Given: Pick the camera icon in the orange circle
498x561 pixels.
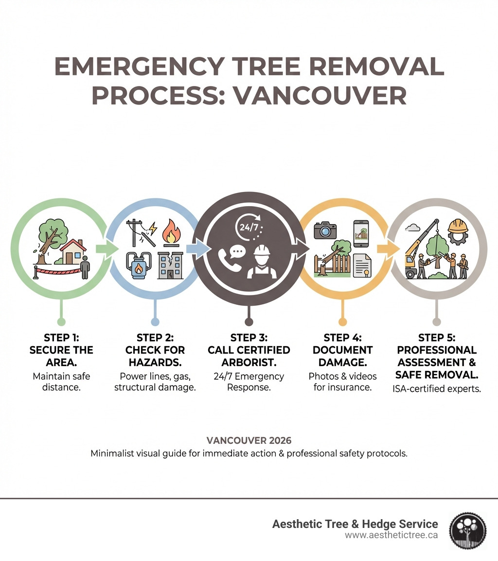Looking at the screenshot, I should click(x=325, y=230).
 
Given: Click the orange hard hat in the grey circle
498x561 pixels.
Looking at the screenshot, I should click(x=458, y=227).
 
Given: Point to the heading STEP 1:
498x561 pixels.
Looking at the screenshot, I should click(x=61, y=338).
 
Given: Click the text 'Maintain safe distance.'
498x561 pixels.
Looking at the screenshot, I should click(x=61, y=382).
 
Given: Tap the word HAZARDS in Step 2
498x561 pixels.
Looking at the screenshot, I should click(x=155, y=362).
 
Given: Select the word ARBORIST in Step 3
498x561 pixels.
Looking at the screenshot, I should click(x=249, y=362).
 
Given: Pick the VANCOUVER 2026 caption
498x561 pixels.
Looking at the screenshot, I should click(x=249, y=441).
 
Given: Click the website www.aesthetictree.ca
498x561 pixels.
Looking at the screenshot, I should click(x=391, y=535).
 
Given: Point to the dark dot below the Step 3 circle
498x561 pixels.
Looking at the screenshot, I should click(x=249, y=321).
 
